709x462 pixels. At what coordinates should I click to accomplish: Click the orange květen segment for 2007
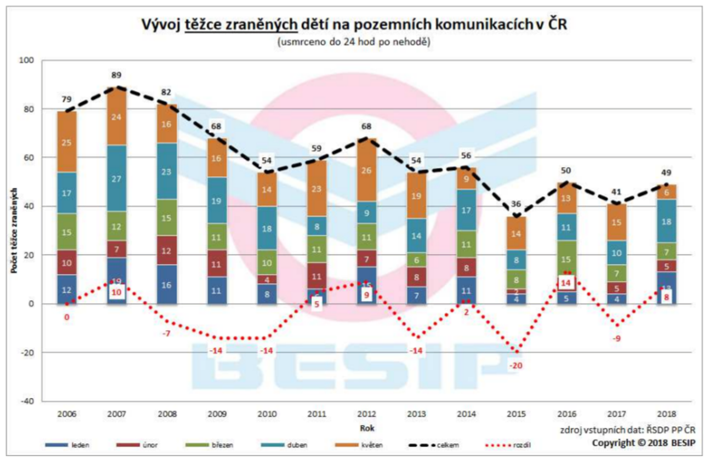coord(116,117)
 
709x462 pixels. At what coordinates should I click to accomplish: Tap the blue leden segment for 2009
coord(217,290)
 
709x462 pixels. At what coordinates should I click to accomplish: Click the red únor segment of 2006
coord(67,263)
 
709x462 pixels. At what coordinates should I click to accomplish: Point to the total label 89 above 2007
coord(116,75)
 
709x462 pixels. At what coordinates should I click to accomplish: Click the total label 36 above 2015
coord(516,204)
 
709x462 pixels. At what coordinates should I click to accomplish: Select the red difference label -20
coord(516,365)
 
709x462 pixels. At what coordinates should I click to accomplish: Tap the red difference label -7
coord(167,333)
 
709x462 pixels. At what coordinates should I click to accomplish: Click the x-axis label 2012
coord(367,414)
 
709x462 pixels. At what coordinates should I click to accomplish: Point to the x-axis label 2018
coord(666,414)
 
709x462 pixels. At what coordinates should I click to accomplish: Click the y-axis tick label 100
coord(27,60)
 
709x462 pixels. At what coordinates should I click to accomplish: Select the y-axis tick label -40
coord(27,401)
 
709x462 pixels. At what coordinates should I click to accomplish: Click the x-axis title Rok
coord(367,428)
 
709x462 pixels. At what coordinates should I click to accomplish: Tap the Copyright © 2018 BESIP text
coord(643,443)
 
